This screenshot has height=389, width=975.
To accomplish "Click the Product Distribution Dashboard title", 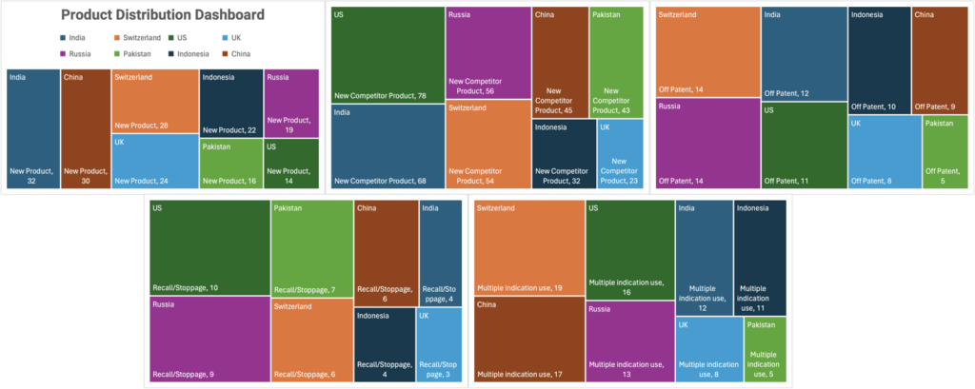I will tap(163, 15).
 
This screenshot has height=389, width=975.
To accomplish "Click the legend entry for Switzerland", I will tap(141, 37).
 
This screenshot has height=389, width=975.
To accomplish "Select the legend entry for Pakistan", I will tap(140, 54).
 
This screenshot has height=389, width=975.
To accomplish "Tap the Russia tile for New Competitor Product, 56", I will tap(487, 52).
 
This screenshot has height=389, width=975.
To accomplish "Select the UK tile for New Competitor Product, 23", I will tap(620, 153).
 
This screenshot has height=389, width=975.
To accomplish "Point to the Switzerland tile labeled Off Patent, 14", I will tap(706, 52).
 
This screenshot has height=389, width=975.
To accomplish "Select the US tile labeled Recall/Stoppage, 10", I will tap(209, 247).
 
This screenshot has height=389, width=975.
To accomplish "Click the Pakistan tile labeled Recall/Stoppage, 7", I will tap(311, 248).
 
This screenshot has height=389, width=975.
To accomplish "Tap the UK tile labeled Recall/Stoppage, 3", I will tap(439, 345).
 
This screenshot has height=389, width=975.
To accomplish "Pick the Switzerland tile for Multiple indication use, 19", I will tap(528, 247).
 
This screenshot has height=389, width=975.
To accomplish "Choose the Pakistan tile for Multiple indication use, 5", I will tap(765, 350).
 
